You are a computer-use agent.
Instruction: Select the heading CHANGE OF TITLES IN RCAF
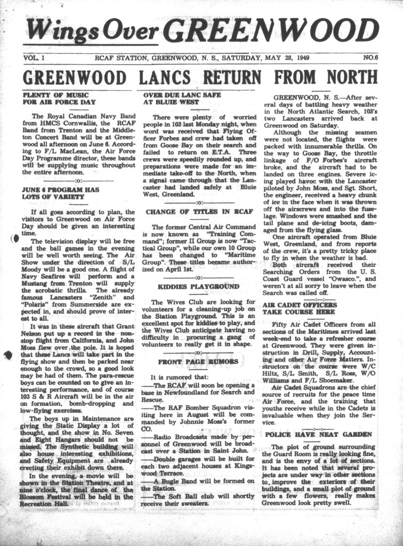[x=199, y=212]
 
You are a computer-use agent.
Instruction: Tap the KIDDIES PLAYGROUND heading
[x=199, y=286]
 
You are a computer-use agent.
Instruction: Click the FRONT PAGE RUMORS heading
[x=198, y=362]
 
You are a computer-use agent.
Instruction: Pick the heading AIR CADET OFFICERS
[x=300, y=304]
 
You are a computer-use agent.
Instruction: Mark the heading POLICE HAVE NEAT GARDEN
[x=319, y=435]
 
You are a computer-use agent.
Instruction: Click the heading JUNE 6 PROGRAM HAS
[x=60, y=189]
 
